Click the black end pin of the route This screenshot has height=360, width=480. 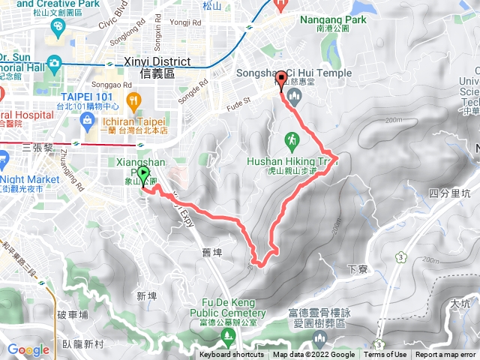click(x=281, y=79)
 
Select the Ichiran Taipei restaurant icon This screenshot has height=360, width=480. click(x=134, y=100)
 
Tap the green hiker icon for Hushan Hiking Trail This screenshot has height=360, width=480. click(x=291, y=139)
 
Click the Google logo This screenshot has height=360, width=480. click(x=28, y=349)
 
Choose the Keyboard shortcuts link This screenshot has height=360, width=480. click(x=232, y=355)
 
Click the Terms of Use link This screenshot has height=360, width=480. click(x=385, y=355)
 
